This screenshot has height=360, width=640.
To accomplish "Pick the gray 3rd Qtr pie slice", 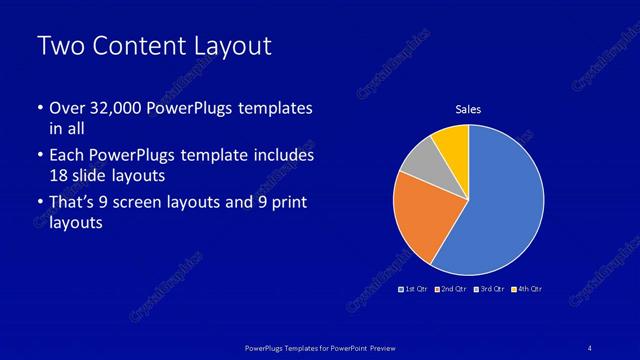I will point(421,160).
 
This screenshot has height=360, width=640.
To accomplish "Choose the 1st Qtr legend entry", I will point(415,289).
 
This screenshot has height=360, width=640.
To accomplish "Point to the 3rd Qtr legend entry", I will point(490,289).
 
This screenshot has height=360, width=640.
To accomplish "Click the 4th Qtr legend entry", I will point(527,289).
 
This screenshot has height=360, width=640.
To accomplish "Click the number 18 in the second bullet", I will point(60,175).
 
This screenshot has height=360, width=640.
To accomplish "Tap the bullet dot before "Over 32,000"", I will point(39,108).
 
